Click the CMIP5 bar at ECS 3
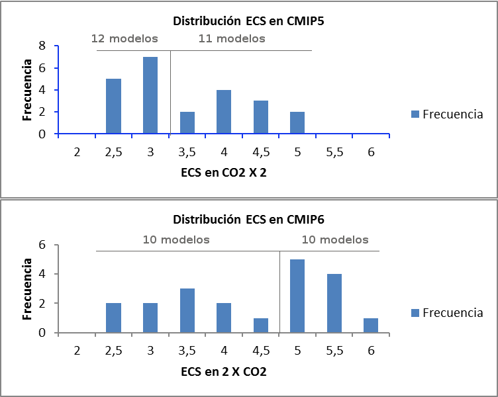[150, 95]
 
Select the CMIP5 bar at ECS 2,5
[113, 106]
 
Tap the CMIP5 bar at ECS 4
[224, 111]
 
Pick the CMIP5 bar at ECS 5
[297, 122]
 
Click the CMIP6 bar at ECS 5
[297, 296]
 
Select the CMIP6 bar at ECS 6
[371, 326]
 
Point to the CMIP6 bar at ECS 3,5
[187, 310]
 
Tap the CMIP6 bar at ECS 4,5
[261, 326]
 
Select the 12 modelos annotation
[124, 38]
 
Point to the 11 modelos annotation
[232, 38]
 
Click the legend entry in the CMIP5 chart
[447, 114]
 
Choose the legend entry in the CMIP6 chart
[447, 312]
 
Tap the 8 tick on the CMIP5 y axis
[42, 46]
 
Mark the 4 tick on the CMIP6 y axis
[42, 274]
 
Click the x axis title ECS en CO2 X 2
[223, 174]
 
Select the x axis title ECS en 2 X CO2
[223, 372]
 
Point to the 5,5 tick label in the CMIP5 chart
[334, 152]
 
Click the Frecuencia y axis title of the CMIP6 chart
[27, 289]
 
